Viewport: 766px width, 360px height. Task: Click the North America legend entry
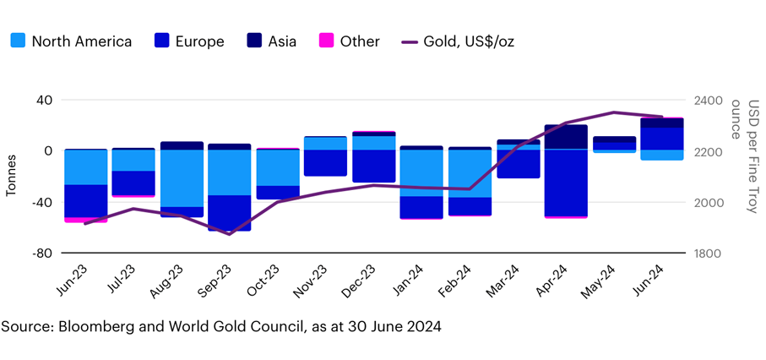(71, 41)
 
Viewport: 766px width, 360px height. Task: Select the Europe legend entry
(189, 41)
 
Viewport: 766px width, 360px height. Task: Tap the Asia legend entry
(270, 41)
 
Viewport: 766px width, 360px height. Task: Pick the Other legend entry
(349, 41)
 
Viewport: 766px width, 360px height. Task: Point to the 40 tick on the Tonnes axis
(42, 101)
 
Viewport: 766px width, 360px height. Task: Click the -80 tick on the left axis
(40, 254)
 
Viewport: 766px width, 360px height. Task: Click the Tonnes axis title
(12, 177)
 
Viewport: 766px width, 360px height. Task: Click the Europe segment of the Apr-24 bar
(566, 182)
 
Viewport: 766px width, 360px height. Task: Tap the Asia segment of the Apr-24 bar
(566, 137)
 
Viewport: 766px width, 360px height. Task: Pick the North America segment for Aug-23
(182, 177)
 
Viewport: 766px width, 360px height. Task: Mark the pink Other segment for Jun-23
(86, 220)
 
